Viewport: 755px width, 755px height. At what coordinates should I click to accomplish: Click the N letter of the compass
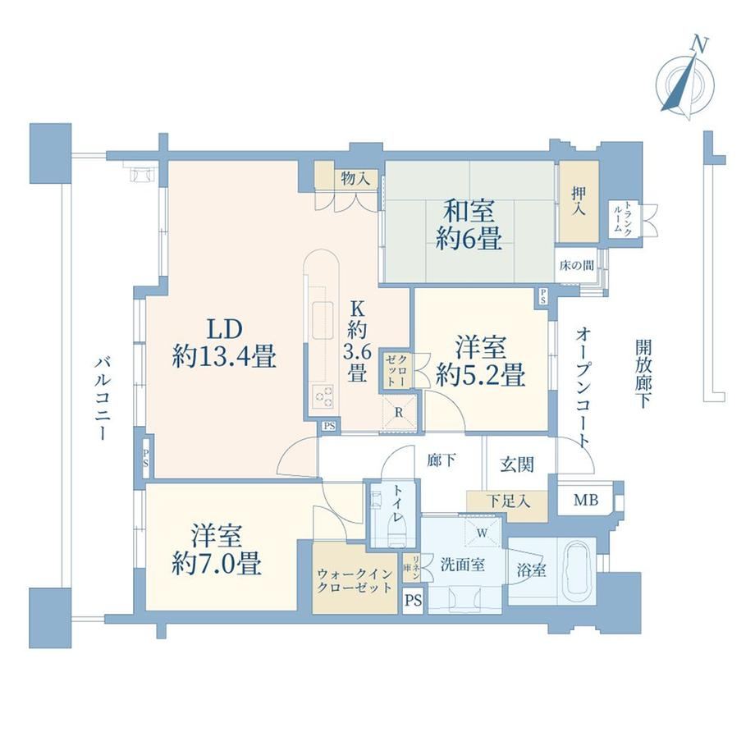click(699, 45)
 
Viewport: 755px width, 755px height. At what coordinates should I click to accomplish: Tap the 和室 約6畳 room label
click(469, 224)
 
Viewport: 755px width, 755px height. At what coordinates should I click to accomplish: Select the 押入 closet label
click(579, 201)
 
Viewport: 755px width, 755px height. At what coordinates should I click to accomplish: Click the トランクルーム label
click(623, 219)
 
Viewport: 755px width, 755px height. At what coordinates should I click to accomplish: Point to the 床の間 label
click(576, 265)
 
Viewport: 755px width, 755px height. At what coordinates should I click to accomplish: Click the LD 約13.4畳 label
click(224, 343)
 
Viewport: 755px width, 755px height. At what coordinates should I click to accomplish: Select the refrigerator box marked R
click(399, 413)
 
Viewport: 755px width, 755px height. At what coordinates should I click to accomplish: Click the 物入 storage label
click(355, 179)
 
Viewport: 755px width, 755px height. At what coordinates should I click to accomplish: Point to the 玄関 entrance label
click(517, 464)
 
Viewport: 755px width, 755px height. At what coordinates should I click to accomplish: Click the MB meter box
click(585, 500)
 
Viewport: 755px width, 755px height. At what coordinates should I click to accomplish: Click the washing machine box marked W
click(482, 533)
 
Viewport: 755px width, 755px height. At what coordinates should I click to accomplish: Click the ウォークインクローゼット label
click(355, 581)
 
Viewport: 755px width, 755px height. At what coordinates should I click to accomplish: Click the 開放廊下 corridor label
click(643, 373)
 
